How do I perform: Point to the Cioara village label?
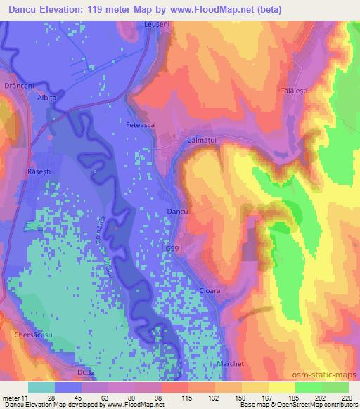[210, 290]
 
